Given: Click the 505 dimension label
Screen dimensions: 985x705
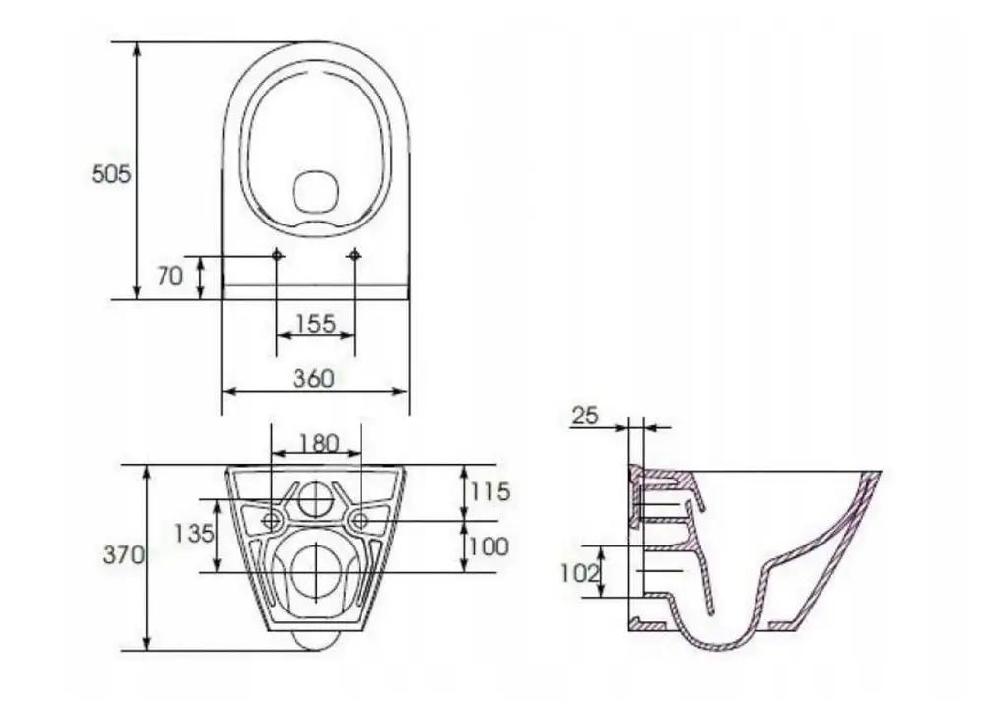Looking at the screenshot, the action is pyautogui.click(x=111, y=174).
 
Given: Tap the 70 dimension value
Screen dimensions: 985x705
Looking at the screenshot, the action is pyautogui.click(x=169, y=276).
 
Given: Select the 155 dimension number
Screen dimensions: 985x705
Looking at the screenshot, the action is pyautogui.click(x=316, y=323).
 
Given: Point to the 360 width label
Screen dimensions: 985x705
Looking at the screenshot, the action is pyautogui.click(x=314, y=378).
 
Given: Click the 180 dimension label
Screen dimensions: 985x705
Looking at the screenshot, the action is pyautogui.click(x=319, y=444).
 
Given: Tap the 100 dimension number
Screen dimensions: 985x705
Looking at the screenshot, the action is pyautogui.click(x=489, y=546).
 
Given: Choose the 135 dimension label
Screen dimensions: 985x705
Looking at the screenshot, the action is pyautogui.click(x=194, y=534).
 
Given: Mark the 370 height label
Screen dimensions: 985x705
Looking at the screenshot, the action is pyautogui.click(x=124, y=555).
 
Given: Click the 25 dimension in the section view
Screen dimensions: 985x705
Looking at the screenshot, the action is pyautogui.click(x=585, y=415).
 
